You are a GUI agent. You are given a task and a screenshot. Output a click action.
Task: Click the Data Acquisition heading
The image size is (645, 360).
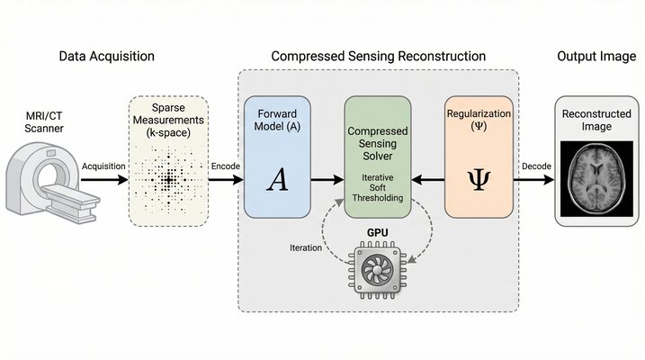[x=106, y=56]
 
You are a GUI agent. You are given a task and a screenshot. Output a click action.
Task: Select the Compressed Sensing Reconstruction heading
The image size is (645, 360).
[x=378, y=56]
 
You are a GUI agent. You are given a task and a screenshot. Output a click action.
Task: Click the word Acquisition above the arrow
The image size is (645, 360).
[x=103, y=166]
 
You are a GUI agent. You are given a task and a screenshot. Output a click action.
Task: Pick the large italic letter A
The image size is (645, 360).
[x=277, y=180]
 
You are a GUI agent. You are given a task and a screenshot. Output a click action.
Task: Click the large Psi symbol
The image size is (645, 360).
[x=479, y=180]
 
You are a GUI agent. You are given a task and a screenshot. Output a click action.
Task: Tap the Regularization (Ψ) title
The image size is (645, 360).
[x=479, y=121]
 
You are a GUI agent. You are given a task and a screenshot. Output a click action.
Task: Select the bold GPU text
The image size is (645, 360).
[x=378, y=231]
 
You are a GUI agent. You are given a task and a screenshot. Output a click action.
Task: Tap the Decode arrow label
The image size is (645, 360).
[x=536, y=166]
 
